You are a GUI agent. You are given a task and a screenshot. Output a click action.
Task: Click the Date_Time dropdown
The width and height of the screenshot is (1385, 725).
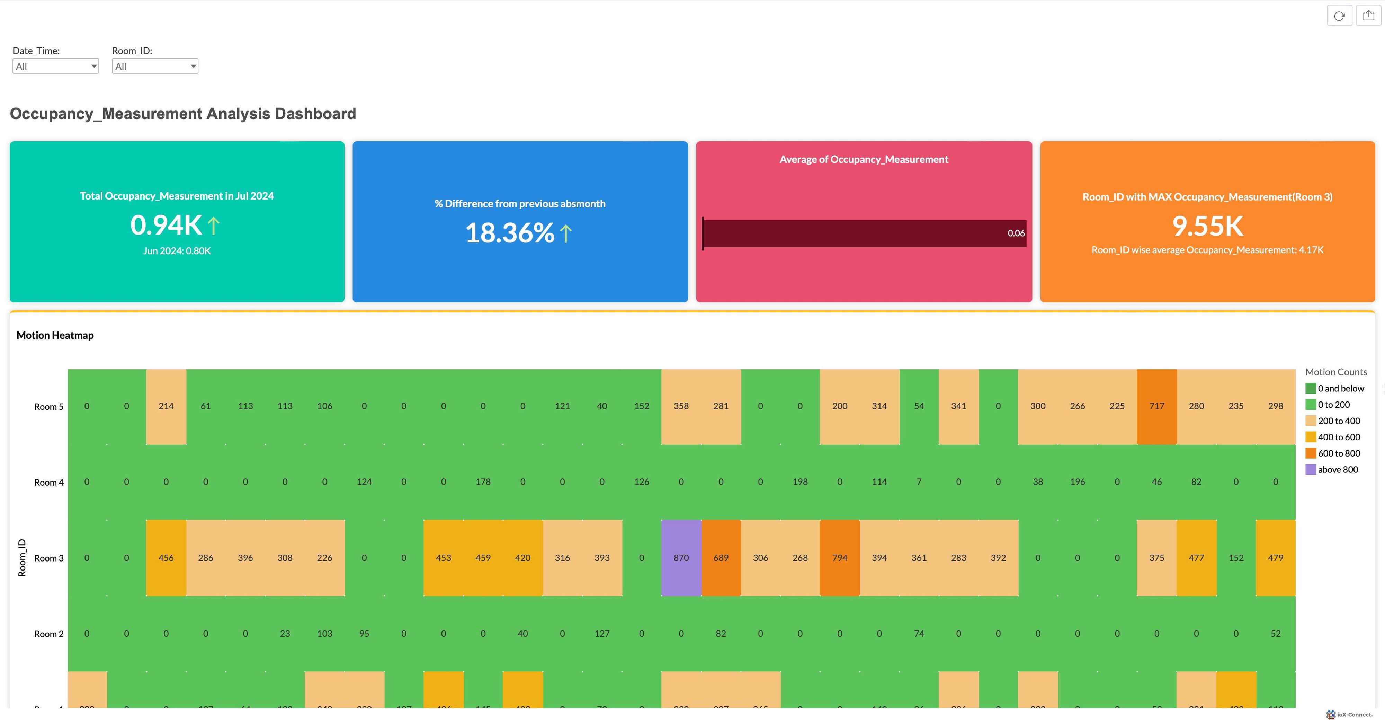(55, 66)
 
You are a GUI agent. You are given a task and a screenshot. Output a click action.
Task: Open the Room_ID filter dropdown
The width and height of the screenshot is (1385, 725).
(155, 66)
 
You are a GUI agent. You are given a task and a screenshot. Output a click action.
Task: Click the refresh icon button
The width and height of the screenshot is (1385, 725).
(1339, 16)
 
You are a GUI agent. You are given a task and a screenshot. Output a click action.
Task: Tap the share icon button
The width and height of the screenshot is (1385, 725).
(1368, 16)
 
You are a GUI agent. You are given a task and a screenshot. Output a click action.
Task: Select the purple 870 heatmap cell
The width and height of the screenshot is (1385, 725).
(681, 558)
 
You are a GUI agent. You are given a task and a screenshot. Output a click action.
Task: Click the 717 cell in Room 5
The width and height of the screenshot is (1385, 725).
(1156, 406)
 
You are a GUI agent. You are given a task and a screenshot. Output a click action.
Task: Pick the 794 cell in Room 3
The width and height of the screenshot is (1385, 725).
(839, 558)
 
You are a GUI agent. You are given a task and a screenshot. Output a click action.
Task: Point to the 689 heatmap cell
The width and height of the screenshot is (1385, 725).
(721, 558)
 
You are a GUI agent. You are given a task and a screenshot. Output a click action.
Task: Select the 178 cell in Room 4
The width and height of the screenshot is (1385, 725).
(483, 482)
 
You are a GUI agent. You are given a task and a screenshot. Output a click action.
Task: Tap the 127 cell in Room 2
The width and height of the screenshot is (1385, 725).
(602, 634)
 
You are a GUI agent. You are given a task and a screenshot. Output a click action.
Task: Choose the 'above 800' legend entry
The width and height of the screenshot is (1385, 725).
(1338, 469)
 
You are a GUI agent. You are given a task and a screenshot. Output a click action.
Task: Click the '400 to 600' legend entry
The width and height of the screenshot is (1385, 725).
(1339, 437)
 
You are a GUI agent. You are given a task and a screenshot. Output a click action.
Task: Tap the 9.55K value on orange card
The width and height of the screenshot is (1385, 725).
(1208, 226)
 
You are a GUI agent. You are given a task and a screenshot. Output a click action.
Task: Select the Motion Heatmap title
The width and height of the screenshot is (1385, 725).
(55, 335)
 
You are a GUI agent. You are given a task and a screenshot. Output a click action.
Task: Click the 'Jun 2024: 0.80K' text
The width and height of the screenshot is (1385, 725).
(177, 251)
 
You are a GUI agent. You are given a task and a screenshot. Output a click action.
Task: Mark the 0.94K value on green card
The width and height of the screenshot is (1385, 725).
(166, 225)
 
